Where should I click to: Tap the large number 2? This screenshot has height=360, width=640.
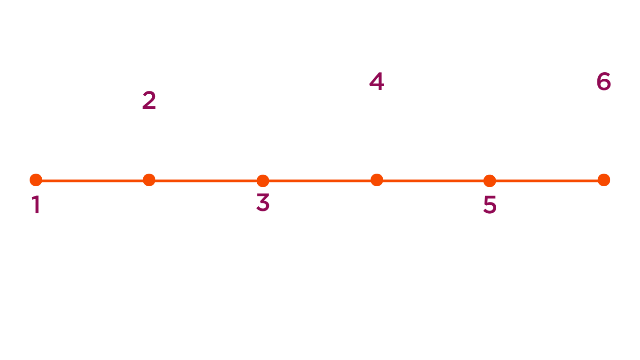(149, 101)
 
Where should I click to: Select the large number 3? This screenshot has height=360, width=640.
(264, 203)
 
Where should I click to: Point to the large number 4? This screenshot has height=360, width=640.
(377, 82)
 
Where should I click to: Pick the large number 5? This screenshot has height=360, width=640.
(491, 205)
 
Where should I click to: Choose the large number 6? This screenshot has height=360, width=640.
(604, 82)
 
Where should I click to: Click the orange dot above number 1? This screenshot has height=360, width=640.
(36, 180)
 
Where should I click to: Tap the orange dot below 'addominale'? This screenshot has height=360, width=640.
(149, 180)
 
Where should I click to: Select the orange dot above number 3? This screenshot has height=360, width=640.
(263, 180)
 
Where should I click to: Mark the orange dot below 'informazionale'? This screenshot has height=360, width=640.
(377, 180)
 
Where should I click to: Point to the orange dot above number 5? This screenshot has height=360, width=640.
(490, 180)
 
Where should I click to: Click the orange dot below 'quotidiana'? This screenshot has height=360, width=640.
(604, 180)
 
